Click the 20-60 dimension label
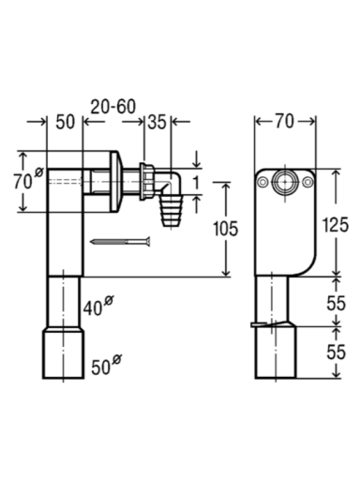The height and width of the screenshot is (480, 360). [113, 107]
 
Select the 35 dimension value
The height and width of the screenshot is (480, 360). [157, 122]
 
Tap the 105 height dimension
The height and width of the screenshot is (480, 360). [225, 228]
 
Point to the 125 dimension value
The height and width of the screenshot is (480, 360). [336, 225]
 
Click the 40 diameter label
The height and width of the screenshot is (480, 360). [98, 306]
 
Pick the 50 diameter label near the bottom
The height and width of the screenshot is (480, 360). [106, 365]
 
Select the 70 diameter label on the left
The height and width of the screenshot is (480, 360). [28, 179]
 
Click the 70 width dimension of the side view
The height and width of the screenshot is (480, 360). [285, 121]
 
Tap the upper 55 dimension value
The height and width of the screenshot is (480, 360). [337, 303]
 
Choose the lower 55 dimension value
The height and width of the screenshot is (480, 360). [337, 352]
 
